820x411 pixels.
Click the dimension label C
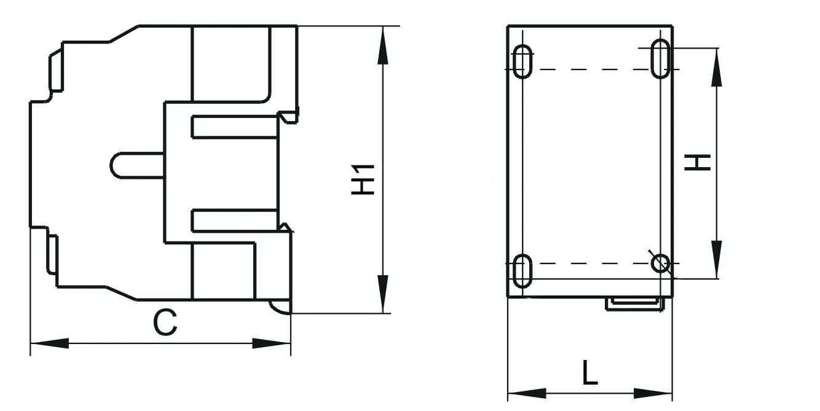pyautogui.click(x=165, y=323)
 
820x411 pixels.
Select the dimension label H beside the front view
pyautogui.click(x=700, y=162)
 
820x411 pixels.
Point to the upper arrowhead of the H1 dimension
pyautogui.click(x=382, y=47)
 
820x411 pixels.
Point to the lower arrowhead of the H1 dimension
pyautogui.click(x=382, y=294)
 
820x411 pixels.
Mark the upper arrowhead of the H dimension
pyautogui.click(x=717, y=68)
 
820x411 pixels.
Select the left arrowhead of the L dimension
pyautogui.click(x=526, y=393)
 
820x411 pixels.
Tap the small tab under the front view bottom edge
pyautogui.click(x=636, y=303)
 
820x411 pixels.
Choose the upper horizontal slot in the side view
pyautogui.click(x=234, y=127)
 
